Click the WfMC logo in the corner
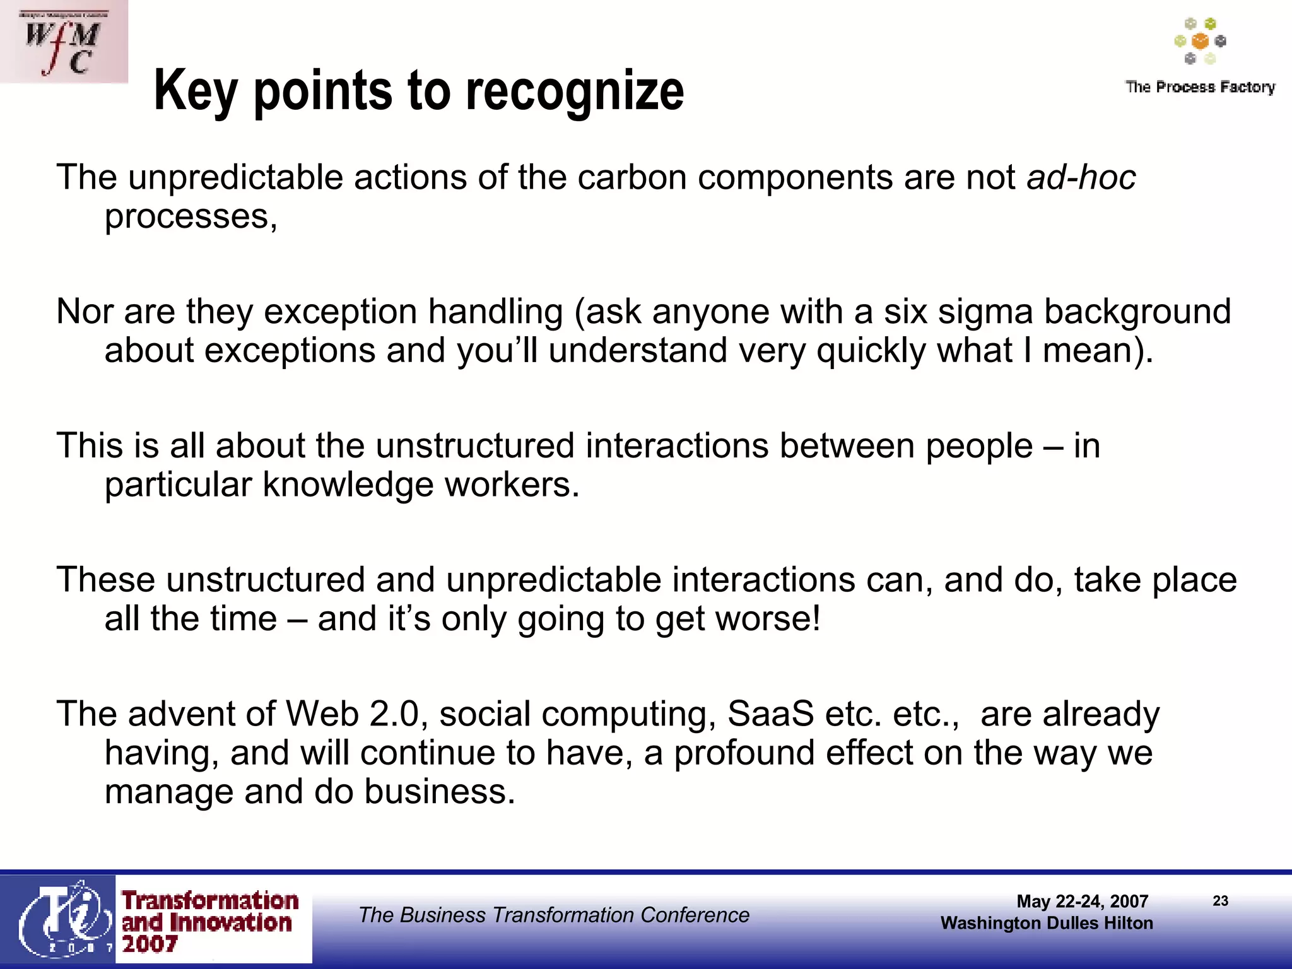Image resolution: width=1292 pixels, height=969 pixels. pos(63,42)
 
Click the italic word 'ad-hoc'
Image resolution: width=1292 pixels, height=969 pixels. pos(1081,177)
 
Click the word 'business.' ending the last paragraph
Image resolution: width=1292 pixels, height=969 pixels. pos(440,792)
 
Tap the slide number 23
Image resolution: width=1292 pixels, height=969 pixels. pos(1220,901)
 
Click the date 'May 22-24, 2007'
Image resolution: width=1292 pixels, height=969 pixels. pos(1082,901)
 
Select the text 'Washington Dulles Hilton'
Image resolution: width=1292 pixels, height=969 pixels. pos(1047,924)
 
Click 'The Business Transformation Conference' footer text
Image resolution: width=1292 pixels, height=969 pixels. pos(554,915)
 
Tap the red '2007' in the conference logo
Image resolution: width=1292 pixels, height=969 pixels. pos(150,944)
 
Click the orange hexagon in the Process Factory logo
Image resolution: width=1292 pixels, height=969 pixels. pos(1200,42)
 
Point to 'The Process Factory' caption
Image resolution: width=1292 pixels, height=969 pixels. pos(1200,87)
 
